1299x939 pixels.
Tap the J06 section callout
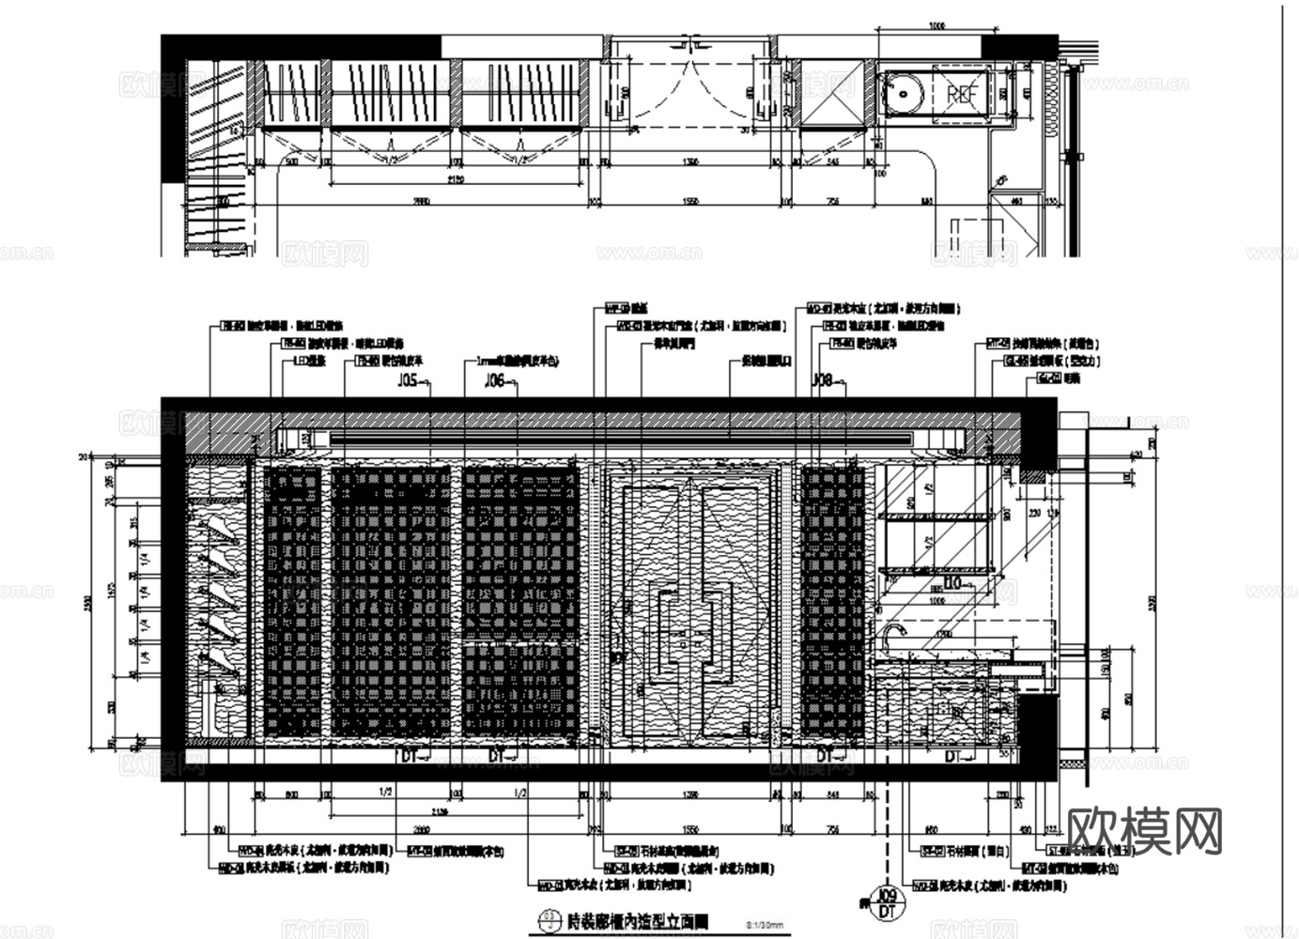(x=494, y=380)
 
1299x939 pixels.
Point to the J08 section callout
(x=824, y=380)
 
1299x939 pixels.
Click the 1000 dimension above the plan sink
(x=936, y=26)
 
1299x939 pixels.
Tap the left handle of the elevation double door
(x=669, y=639)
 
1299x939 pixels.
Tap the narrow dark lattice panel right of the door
(x=832, y=601)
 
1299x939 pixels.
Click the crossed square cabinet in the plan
(x=832, y=93)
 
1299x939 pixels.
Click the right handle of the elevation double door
(x=721, y=639)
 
